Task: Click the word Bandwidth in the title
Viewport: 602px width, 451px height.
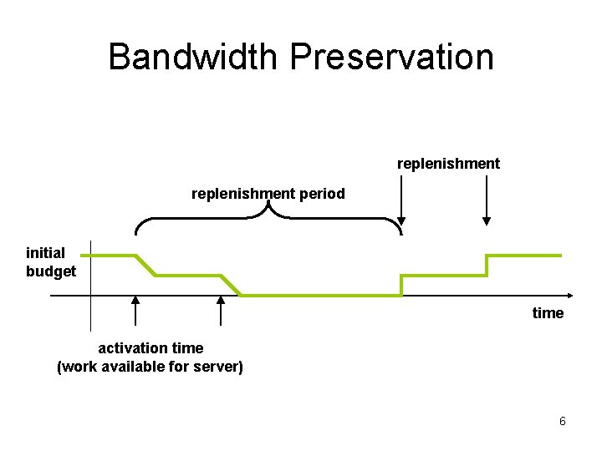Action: point(195,57)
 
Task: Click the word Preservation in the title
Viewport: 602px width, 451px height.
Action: point(392,57)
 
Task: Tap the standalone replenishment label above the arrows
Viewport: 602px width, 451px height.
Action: point(448,164)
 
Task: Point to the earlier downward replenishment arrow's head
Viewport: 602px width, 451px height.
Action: point(402,220)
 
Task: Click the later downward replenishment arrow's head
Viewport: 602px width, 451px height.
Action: point(487,220)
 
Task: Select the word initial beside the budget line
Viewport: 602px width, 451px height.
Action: point(45,253)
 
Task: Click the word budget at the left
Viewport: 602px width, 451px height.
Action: point(51,271)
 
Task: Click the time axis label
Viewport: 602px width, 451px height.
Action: point(548,313)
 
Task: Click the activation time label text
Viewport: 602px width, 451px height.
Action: point(150,347)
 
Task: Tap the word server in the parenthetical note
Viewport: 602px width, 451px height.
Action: point(216,366)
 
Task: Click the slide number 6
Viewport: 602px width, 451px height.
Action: point(562,422)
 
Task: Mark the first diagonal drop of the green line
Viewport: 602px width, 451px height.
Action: point(146,265)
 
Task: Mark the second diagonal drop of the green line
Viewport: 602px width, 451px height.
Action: point(232,285)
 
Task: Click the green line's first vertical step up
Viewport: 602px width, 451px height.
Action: point(402,285)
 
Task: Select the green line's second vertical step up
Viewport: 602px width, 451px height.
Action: point(487,265)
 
